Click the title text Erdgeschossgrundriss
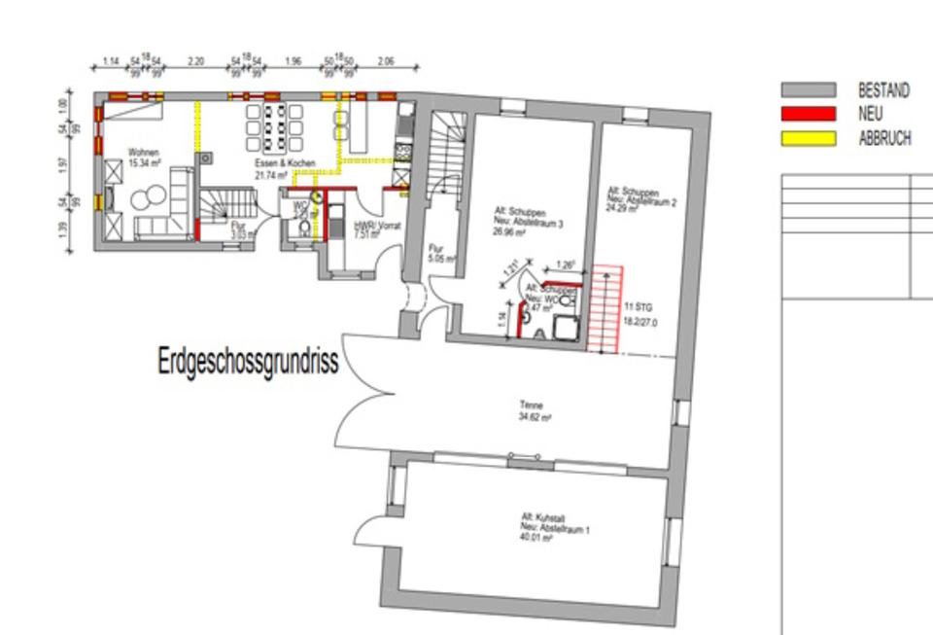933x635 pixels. (x=248, y=362)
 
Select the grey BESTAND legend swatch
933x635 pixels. (x=808, y=90)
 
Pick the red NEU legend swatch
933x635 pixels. (x=808, y=114)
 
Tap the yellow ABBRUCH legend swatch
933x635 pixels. (x=808, y=138)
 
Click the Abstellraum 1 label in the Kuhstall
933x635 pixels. (x=554, y=530)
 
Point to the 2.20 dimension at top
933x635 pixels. (x=195, y=62)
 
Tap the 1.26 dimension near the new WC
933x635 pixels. (x=566, y=265)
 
